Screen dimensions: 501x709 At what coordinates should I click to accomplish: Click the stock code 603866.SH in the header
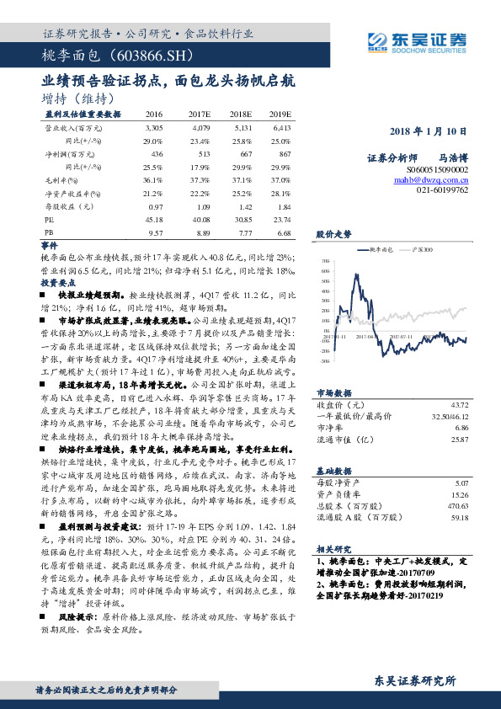coord(153,56)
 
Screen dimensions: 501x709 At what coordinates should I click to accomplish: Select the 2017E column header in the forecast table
coord(200,114)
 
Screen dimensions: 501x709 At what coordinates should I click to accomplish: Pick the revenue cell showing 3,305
coord(154,126)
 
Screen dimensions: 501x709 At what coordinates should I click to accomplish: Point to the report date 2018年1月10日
coord(429,132)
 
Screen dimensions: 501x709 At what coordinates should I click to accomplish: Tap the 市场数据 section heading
coord(333,392)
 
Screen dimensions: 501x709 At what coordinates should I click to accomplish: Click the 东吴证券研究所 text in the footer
coord(414,680)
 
